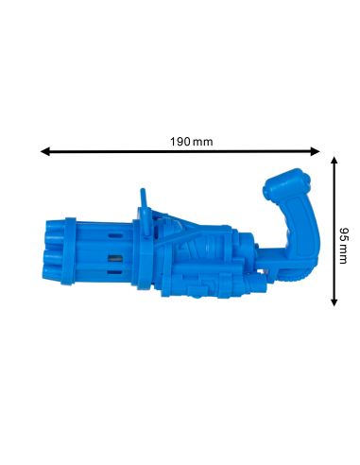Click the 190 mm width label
pos(192,142)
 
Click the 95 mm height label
pos(344,246)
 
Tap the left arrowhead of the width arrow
pos(45,151)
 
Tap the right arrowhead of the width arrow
pos(316,151)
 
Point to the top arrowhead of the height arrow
pos(334,162)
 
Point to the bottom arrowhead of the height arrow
pos(334,301)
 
